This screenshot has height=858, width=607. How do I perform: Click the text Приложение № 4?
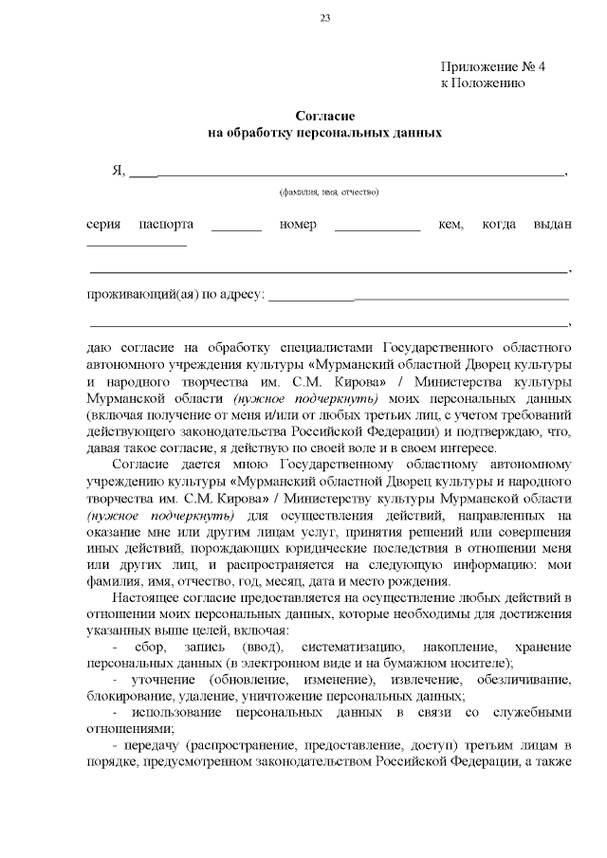coord(494,66)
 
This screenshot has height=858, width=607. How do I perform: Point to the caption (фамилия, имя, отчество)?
coord(329,192)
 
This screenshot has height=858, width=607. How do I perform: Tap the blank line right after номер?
coord(377,228)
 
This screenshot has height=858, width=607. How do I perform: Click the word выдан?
coord(554,225)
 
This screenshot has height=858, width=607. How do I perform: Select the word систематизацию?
coord(335,646)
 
